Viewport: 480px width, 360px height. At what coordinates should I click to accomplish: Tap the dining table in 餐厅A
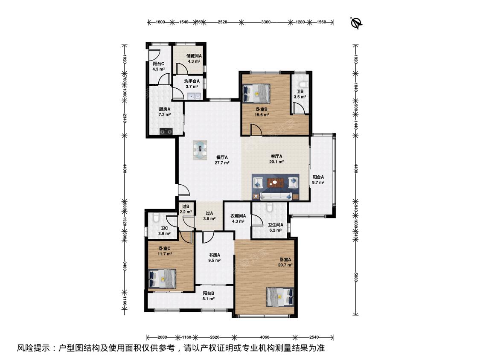[x=200, y=150]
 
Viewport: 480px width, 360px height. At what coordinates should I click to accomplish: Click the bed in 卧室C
[x=162, y=279]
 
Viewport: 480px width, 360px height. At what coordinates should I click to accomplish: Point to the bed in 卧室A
[x=280, y=296]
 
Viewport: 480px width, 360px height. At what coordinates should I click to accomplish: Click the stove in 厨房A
[x=166, y=131]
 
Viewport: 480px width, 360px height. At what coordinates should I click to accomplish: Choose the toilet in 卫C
[x=155, y=218]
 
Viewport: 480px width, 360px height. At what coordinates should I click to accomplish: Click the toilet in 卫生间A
[x=270, y=207]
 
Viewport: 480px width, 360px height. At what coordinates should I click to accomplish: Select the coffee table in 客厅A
[x=275, y=183]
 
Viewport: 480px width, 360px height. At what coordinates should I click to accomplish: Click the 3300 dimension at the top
[x=266, y=22]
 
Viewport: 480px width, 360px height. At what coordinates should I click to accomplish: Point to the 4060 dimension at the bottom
[x=265, y=337]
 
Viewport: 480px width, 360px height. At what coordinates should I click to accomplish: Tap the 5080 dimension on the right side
[x=356, y=279]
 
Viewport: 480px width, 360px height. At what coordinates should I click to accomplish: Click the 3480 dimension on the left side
[x=125, y=266]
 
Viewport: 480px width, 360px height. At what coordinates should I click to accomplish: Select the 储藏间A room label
[x=194, y=56]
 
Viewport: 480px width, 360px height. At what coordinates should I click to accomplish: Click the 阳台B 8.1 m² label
[x=208, y=296]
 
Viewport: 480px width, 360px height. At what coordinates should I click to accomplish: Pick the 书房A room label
[x=214, y=255]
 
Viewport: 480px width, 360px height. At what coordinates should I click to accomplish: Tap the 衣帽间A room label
[x=238, y=216]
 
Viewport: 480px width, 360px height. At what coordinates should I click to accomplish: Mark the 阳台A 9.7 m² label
[x=318, y=180]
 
